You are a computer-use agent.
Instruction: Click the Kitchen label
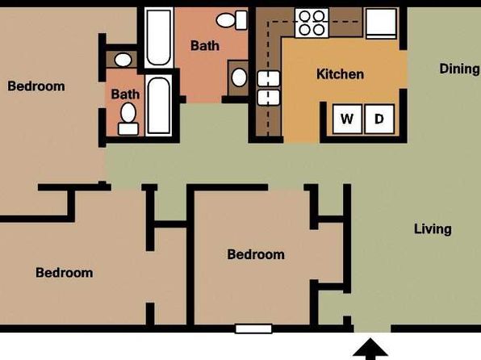pos(340,74)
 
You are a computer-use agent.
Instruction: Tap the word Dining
pos(459,69)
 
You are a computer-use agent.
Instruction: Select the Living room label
pos(433,229)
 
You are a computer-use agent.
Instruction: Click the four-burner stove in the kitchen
pos(312,23)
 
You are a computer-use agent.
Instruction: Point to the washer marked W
pos(347,119)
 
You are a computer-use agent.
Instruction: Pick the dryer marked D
pos(379,119)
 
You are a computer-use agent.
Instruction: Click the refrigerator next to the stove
pos(381,23)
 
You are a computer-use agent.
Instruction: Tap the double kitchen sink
pos(269,88)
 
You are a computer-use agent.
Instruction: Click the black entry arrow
pos(370,349)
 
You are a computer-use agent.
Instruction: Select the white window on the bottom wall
pos(253,329)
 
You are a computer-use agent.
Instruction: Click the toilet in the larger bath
pos(232,20)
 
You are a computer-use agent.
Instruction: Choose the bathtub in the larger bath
pos(159,37)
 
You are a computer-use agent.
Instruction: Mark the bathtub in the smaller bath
pos(159,105)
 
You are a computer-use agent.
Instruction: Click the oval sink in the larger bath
pos(239,77)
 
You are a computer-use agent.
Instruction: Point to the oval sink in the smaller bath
pos(123,60)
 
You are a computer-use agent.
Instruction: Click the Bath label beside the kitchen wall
pos(205,46)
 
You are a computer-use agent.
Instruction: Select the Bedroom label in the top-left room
pos(36,86)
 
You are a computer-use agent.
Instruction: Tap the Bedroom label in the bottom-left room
pos(65,273)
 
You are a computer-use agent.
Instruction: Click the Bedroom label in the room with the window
pos(256,254)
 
